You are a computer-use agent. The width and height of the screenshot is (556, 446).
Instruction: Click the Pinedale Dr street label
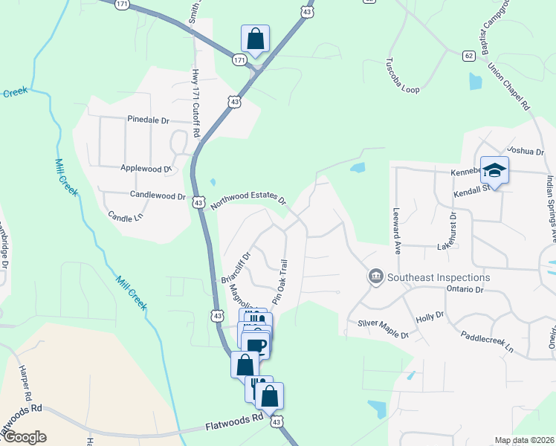[149, 120]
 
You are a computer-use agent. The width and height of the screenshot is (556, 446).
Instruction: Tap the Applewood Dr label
[146, 169]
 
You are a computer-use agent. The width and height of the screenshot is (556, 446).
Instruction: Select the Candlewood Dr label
[158, 197]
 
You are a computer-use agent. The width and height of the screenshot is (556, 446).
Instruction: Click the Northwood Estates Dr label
[248, 201]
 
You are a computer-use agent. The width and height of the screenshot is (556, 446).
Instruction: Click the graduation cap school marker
[494, 171]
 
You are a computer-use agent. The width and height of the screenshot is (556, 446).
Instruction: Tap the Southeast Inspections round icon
[376, 277]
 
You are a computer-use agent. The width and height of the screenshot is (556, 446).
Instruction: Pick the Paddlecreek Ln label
[487, 342]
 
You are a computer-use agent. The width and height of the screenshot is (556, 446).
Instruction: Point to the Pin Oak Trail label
[279, 279]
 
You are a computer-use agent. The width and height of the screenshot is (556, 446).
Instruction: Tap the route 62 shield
[468, 56]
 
